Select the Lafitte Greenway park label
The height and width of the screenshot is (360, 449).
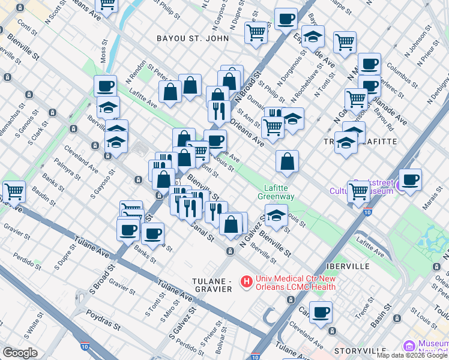tap(276, 192)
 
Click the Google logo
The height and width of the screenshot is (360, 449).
tap(20, 353)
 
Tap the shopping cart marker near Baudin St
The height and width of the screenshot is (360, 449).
tap(14, 191)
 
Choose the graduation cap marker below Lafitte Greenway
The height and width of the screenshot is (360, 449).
tap(276, 215)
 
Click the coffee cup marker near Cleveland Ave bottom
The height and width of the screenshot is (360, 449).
tap(321, 311)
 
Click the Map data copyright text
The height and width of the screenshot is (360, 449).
tap(412, 355)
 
